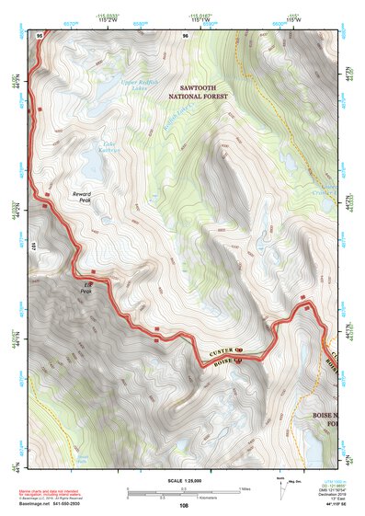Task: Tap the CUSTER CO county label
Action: click(x=226, y=351)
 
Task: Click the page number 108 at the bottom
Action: click(x=184, y=505)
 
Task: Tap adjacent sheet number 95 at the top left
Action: click(x=40, y=35)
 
